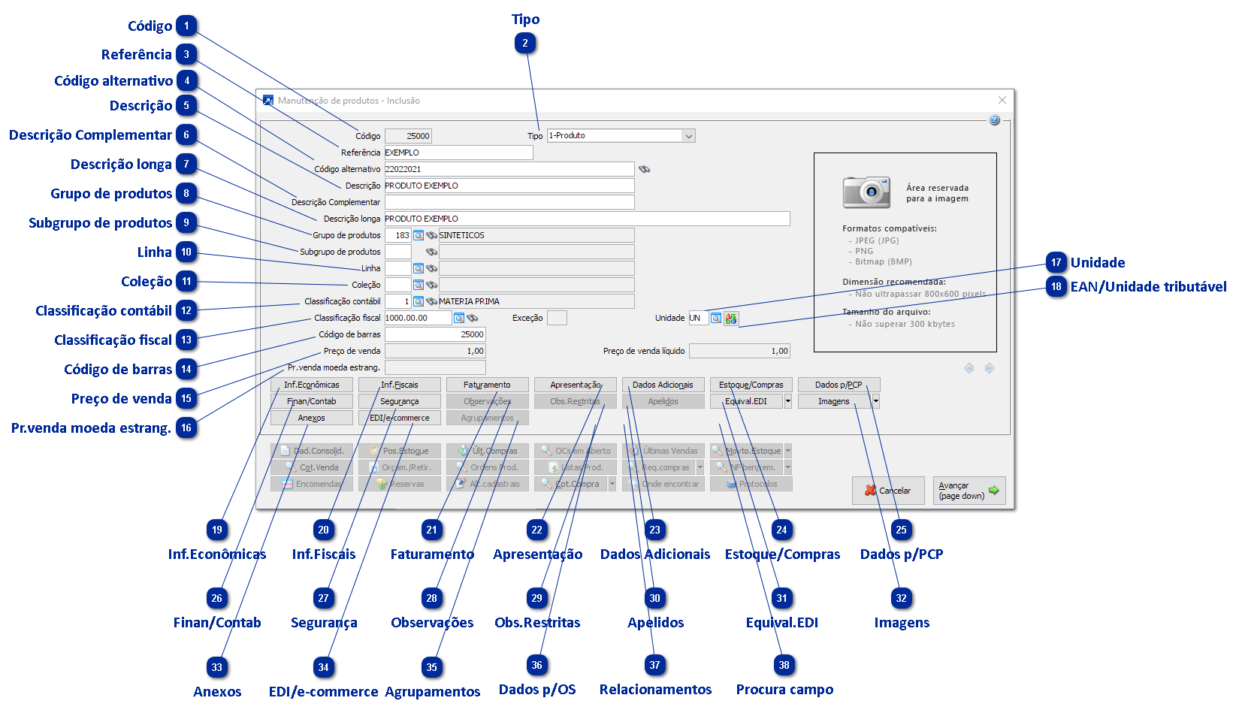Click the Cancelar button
click(887, 491)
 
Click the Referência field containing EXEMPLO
click(458, 153)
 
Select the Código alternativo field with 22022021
click(509, 169)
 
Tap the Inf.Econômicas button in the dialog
click(311, 385)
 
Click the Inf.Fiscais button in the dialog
click(399, 385)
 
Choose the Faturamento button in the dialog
click(487, 385)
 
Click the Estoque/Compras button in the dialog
click(751, 385)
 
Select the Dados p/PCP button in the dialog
click(839, 385)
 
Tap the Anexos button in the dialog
click(311, 418)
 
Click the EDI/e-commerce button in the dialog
click(399, 418)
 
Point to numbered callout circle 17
click(1056, 262)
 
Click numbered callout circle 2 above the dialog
click(525, 44)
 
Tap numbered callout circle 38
click(784, 665)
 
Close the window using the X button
click(1002, 100)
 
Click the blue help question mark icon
click(994, 120)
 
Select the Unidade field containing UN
click(697, 318)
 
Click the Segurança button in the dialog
click(399, 401)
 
